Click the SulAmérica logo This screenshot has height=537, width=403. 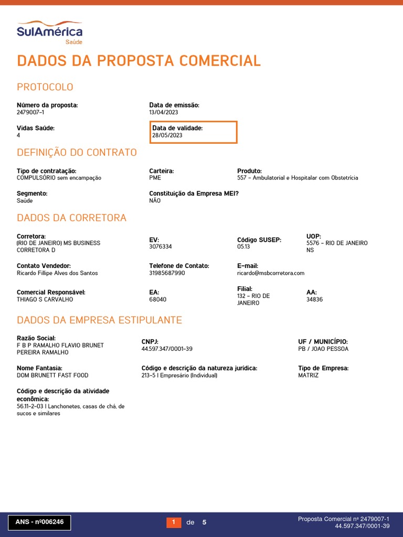[x=49, y=32]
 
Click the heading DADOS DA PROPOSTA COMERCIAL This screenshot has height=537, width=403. [x=139, y=61]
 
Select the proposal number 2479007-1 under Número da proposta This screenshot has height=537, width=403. [x=30, y=112]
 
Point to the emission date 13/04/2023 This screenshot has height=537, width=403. [x=164, y=112]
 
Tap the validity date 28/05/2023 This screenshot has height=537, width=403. [x=167, y=135]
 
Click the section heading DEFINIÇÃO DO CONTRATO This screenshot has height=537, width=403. [x=77, y=153]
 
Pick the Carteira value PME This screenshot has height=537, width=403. [x=155, y=178]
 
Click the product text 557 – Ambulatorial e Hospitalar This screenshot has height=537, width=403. [x=298, y=178]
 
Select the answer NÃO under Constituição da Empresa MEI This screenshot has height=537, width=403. [x=155, y=200]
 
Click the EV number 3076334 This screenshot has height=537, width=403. [x=161, y=246]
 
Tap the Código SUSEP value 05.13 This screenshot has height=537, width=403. [x=244, y=246]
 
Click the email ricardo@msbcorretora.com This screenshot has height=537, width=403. [x=271, y=273]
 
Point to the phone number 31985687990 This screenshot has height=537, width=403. [x=167, y=273]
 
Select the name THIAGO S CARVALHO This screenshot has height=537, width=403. [x=45, y=299]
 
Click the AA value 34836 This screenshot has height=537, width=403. [x=315, y=299]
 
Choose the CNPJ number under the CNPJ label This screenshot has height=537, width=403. [x=167, y=349]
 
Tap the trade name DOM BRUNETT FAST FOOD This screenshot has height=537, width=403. [x=52, y=375]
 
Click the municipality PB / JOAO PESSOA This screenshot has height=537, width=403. [x=323, y=349]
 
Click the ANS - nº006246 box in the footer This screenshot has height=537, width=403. [x=39, y=522]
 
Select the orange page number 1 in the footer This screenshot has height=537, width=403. [x=174, y=522]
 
